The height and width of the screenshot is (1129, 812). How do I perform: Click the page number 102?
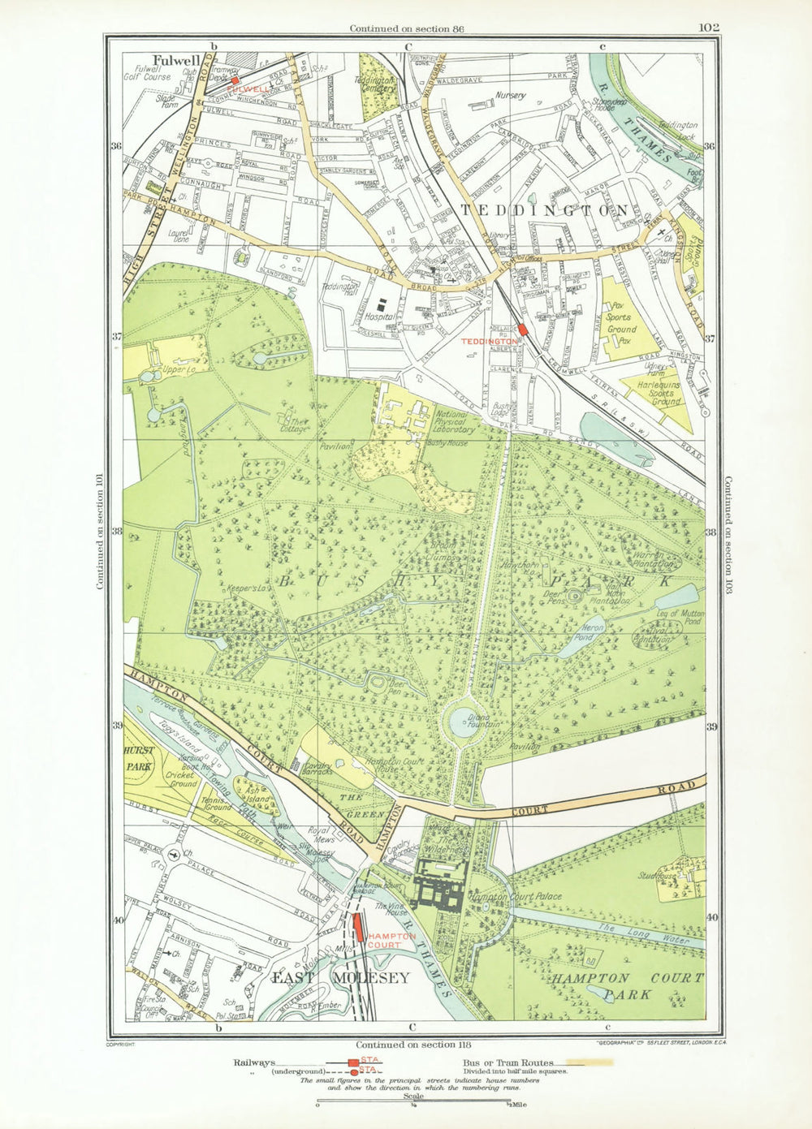[708, 28]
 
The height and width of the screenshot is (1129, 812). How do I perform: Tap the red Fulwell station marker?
[235, 81]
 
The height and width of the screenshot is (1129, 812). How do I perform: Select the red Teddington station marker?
[523, 330]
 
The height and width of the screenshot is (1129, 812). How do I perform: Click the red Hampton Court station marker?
[359, 926]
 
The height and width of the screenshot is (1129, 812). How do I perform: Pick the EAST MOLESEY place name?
[341, 978]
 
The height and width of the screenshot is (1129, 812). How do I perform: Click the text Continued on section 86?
[400, 28]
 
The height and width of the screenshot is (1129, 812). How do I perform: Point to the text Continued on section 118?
[413, 1045]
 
